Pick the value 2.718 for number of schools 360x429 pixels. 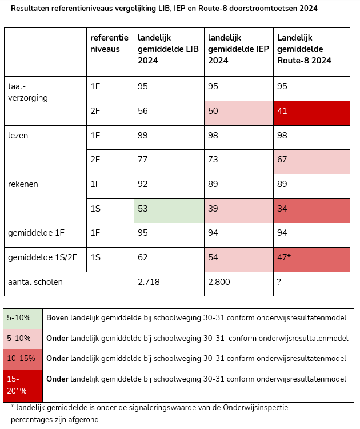pos(149,282)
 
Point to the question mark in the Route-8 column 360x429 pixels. pos(279,282)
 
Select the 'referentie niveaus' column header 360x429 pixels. pos(109,43)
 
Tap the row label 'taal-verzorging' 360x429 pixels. pos(28,92)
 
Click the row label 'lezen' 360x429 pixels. pos(18,136)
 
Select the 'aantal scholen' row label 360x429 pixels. pos(35,282)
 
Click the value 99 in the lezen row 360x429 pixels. pos(143,136)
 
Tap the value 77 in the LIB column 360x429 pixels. pos(143,160)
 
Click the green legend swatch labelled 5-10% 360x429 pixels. pos(23,318)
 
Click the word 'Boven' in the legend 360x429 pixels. pos(57,318)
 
